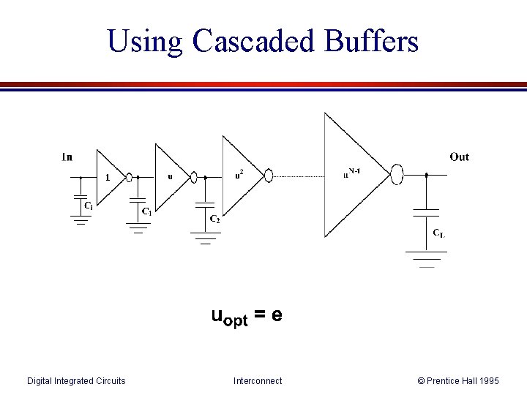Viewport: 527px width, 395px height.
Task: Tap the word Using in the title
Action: point(145,42)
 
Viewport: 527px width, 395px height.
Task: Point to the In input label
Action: point(67,157)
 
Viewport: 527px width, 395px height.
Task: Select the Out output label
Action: point(460,157)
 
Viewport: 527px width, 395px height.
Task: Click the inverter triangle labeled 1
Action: point(111,176)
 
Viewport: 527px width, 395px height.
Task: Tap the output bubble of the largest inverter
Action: point(397,175)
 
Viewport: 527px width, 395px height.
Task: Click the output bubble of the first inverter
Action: point(130,176)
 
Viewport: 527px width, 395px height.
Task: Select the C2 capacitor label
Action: point(214,219)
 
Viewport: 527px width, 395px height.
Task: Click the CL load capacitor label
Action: point(438,233)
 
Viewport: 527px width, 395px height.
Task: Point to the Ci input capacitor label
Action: point(88,206)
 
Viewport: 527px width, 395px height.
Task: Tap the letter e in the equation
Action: point(277,315)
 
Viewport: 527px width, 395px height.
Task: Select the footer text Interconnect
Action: point(258,380)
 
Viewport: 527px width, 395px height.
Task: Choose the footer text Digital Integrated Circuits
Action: point(76,380)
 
